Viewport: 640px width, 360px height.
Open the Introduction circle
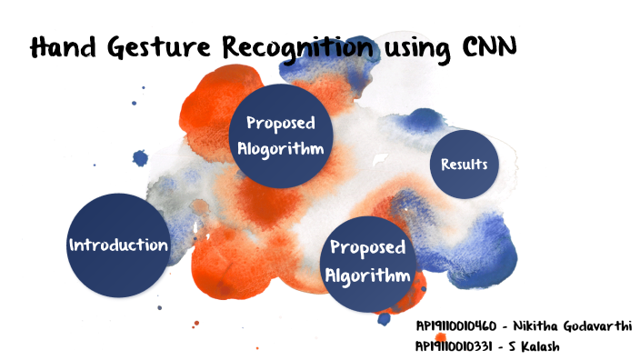[118, 245]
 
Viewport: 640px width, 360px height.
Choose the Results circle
[464, 165]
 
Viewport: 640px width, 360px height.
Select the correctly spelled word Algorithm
[368, 275]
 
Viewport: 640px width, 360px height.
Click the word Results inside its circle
[464, 165]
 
